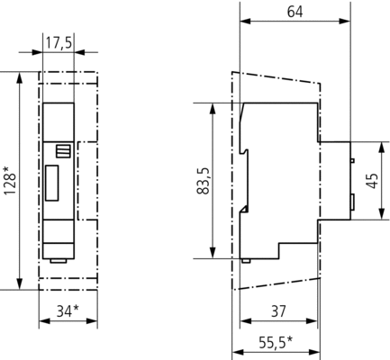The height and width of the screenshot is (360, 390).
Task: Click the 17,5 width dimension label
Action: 59,43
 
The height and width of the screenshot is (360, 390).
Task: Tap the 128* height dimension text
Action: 10,180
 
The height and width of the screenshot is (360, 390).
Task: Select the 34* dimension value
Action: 68,310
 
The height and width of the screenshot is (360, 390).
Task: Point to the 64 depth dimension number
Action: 295,12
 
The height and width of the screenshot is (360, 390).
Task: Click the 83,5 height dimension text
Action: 204,181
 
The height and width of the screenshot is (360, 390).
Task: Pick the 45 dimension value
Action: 373,181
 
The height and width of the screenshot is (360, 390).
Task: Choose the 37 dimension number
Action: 278,311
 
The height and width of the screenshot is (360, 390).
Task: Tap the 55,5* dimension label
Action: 276,342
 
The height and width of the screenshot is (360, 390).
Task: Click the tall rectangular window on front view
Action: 51,183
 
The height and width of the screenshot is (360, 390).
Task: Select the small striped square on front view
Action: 63,151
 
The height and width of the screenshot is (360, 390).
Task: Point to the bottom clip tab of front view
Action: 59,261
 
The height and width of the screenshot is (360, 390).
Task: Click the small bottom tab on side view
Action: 246,261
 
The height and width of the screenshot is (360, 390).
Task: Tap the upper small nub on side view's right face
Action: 352,160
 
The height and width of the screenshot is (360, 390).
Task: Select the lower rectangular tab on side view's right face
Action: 353,202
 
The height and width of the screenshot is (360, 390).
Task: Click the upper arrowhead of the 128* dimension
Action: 20,77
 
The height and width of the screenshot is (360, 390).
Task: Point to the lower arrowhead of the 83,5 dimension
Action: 213,253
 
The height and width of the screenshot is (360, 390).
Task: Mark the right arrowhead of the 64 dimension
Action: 345,21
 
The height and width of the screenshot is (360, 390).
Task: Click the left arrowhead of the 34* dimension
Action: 44,321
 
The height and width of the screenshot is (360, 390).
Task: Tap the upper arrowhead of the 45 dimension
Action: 381,147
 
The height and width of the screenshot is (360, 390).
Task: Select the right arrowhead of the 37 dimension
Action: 312,321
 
